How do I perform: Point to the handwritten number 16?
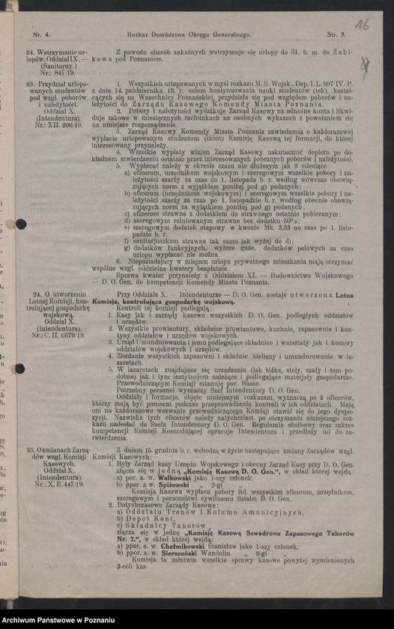coord(362,25)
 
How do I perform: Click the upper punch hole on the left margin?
coord(19,224)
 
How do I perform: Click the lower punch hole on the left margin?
coord(19,368)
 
